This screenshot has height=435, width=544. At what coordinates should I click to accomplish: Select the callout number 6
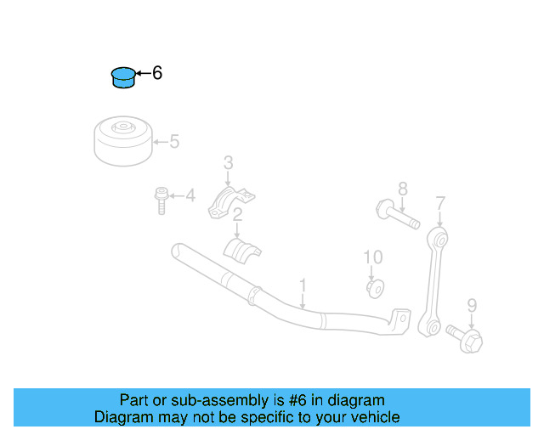(x=156, y=74)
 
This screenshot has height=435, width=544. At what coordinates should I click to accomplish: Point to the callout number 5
(x=174, y=142)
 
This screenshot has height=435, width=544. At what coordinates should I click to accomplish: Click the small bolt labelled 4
(x=161, y=201)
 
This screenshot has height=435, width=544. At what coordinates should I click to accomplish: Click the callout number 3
(x=228, y=162)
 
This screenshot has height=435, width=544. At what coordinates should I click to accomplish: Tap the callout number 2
(x=238, y=214)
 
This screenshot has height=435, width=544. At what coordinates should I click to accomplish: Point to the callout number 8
(x=403, y=189)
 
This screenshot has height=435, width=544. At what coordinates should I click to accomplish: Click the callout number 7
(x=440, y=203)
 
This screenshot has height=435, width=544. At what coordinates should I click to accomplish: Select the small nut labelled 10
(x=374, y=287)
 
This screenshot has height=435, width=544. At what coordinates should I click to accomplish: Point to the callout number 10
(x=373, y=257)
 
